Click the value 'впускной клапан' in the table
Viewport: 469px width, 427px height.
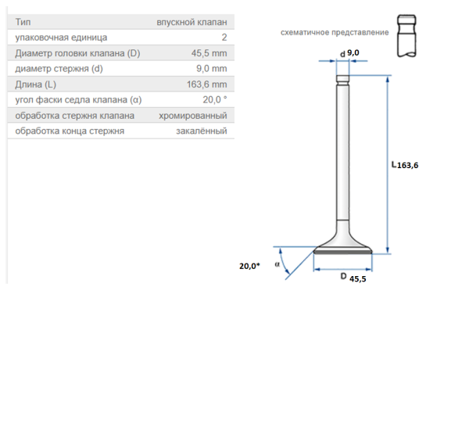[192, 22]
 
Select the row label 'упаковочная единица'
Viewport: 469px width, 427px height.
[61, 38]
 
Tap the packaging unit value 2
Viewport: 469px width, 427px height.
[224, 38]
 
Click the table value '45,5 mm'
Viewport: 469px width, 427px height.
[209, 53]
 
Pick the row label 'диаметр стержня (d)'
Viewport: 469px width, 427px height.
[59, 69]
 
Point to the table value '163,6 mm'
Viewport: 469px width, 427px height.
[206, 84]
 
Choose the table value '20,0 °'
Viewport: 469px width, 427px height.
[215, 99]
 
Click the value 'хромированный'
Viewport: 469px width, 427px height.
[193, 116]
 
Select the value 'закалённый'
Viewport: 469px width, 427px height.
[202, 131]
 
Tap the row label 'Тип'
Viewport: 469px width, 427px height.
[23, 22]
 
